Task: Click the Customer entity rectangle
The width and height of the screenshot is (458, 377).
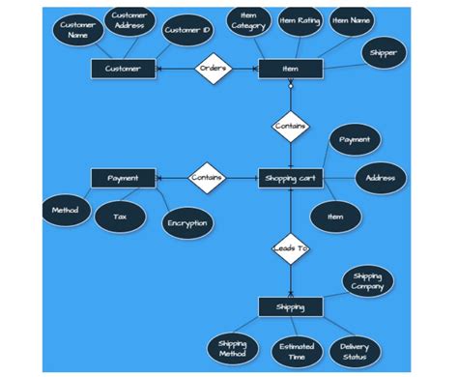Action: [123, 69]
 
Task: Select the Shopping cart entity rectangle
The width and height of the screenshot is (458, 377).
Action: [290, 178]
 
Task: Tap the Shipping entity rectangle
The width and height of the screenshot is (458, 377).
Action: [290, 307]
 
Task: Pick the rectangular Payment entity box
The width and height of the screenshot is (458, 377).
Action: [123, 178]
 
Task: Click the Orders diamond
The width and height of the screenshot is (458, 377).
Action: [213, 69]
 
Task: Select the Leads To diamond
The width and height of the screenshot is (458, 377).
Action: [290, 248]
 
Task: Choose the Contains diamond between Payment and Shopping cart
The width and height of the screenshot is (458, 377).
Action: [206, 178]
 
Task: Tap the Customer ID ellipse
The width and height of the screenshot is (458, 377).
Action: [186, 30]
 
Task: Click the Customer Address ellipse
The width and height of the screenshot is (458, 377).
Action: [129, 21]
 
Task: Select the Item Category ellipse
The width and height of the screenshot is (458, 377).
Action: [249, 21]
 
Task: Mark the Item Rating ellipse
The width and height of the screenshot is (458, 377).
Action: [300, 20]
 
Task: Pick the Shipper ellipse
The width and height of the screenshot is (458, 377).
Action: [383, 53]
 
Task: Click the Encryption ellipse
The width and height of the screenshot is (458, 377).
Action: [186, 223]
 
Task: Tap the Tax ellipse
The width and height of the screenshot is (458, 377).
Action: [121, 217]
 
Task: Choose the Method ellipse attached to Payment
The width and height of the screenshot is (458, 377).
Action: [66, 209]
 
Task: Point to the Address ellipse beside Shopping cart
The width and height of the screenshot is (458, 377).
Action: [381, 178]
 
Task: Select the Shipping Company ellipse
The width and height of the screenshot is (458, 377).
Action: [367, 281]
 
